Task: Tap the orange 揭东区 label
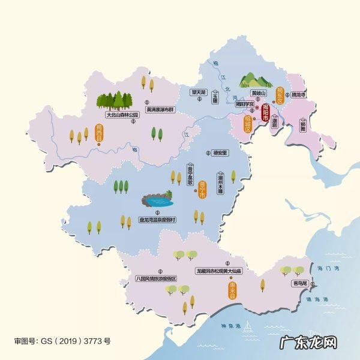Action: (x=279, y=95)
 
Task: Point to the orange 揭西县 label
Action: (x=99, y=133)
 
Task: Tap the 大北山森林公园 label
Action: (x=122, y=114)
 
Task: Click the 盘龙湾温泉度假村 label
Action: (x=157, y=220)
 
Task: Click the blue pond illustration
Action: (x=157, y=199)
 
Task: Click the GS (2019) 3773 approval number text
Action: (x=62, y=341)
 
